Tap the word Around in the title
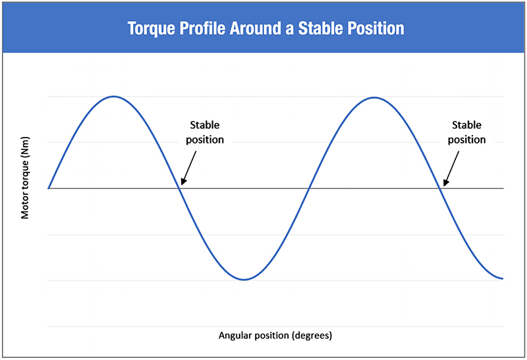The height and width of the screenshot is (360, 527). click(x=256, y=28)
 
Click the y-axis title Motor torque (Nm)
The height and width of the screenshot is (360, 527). click(x=25, y=178)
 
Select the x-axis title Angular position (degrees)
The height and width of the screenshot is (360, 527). click(x=275, y=335)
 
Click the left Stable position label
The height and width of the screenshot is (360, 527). click(x=205, y=132)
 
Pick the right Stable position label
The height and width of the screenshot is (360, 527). click(x=466, y=132)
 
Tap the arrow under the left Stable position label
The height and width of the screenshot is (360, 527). click(x=188, y=168)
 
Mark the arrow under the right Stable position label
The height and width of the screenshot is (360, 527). click(x=451, y=168)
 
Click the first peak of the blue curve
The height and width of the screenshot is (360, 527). click(x=113, y=96)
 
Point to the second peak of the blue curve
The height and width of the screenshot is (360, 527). click(x=374, y=97)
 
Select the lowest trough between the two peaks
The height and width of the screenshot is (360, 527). click(x=244, y=280)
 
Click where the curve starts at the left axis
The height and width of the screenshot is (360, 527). click(x=49, y=188)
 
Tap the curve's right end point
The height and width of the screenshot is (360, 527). click(x=503, y=278)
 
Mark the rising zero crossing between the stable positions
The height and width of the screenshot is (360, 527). click(x=309, y=188)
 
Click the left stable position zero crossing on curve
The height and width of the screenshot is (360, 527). click(x=179, y=188)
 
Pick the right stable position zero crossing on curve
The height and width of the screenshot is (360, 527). click(x=440, y=188)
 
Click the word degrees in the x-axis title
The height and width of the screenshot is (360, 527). click(x=312, y=335)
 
